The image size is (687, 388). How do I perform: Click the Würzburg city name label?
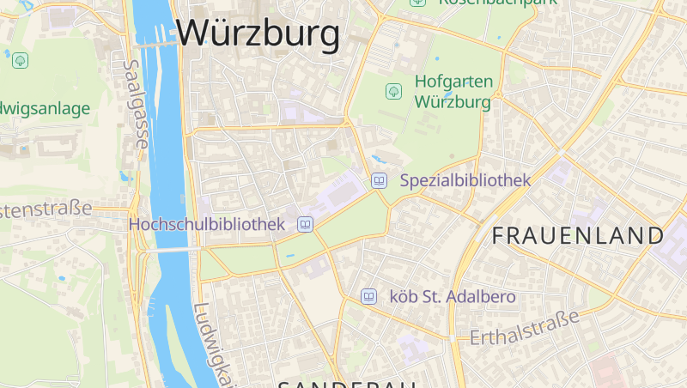coord(258,34)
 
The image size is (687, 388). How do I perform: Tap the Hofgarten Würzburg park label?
coord(453,92)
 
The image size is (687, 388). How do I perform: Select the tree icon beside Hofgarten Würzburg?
coord(393,90)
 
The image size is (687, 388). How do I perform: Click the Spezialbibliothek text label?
coord(465,180)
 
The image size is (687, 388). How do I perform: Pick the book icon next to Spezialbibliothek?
coord(379,180)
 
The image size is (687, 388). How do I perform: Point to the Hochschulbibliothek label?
coord(206,224)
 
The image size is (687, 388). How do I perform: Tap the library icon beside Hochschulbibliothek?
coord(304,224)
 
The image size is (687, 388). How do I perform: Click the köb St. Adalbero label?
coord(453,297)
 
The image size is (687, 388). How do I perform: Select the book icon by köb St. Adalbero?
coord(368,296)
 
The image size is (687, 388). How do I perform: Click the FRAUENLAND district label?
coord(578,235)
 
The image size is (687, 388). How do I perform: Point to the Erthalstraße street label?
coord(525,329)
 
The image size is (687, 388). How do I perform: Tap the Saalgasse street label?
coord(136,103)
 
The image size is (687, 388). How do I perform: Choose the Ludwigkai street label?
coord(211,343)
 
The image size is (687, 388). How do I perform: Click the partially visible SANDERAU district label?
coord(348,383)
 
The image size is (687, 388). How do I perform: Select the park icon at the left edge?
coord(21,60)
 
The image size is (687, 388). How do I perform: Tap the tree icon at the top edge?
coord(417,3)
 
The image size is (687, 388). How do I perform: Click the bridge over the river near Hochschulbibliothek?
coord(167,250)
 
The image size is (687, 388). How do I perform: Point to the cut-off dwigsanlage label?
coord(46,109)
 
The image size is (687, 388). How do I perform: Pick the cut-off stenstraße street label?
coord(46,209)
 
